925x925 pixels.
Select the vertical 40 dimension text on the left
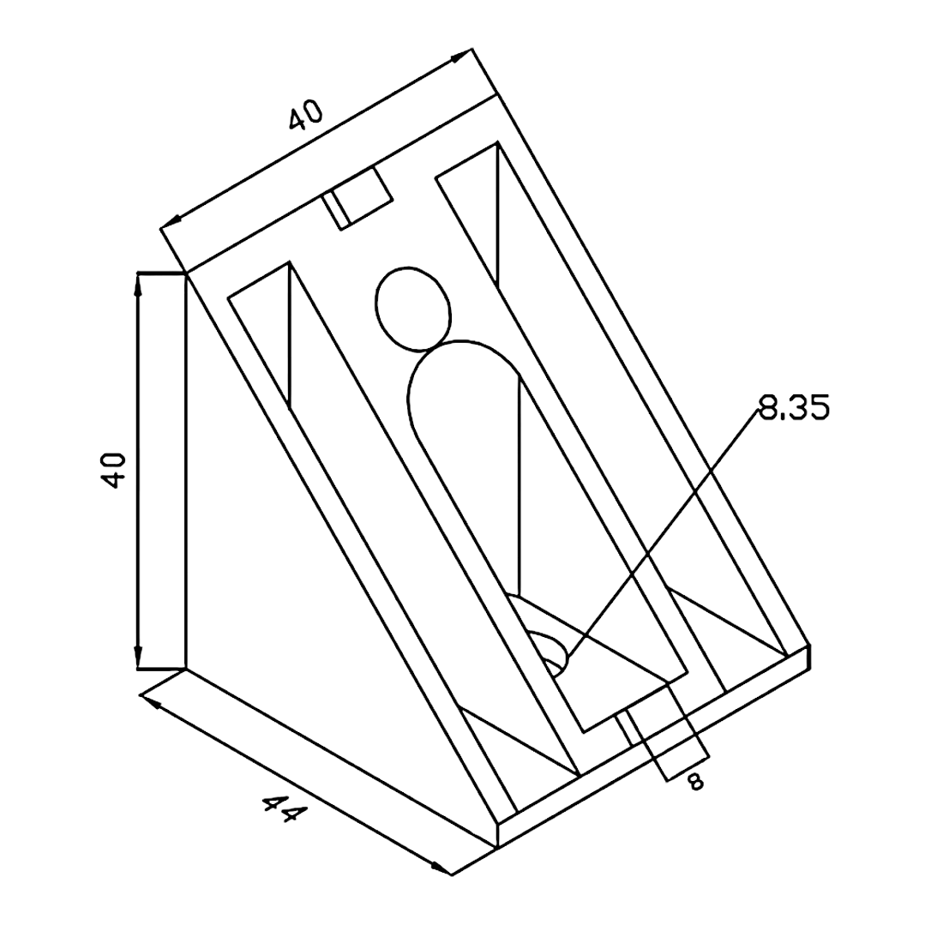point(113,470)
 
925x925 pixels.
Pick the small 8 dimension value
point(696,782)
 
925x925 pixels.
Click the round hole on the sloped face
point(413,309)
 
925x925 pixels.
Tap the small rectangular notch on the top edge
point(357,198)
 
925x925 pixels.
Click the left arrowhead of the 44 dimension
point(151,701)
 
